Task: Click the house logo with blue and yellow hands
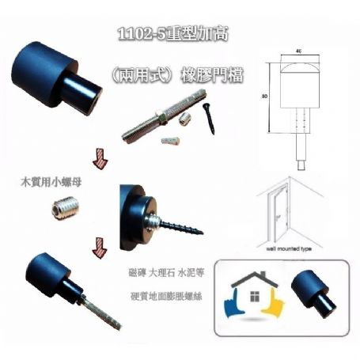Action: [x=252, y=297]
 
